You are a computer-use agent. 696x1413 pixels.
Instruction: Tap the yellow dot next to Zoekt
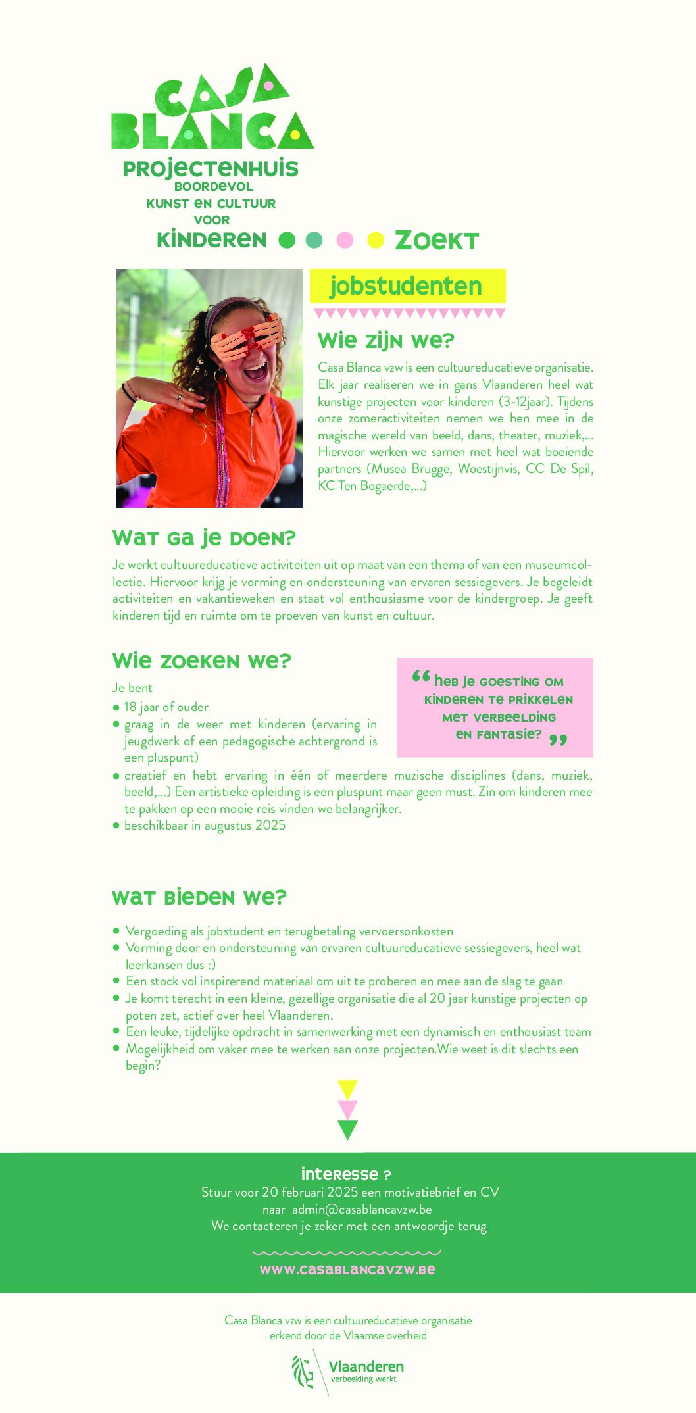point(376,240)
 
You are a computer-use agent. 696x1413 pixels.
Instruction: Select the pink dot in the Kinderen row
point(345,240)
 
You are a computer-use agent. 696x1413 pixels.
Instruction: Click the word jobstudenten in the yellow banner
point(406,286)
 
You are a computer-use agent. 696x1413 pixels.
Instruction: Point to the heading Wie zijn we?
point(386,341)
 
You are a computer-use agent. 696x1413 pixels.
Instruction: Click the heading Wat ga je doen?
point(204,538)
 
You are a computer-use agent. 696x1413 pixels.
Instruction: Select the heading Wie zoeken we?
point(201,660)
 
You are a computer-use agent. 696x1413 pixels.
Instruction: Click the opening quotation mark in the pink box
point(421,677)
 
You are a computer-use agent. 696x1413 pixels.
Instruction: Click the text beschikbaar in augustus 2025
point(205,825)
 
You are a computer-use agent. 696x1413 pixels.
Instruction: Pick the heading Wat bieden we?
point(199,897)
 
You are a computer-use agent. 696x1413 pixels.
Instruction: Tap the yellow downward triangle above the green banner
point(347,1089)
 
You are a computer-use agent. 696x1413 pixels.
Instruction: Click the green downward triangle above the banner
point(347,1129)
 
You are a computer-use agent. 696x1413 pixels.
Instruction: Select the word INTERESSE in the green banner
point(339,1174)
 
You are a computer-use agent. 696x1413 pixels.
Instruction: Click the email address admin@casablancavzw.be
point(362,1209)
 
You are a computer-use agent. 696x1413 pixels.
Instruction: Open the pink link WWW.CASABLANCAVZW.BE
point(347,1269)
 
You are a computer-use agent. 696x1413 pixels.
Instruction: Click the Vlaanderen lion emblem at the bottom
point(303,1371)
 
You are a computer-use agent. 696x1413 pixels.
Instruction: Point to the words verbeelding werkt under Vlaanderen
point(363,1379)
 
